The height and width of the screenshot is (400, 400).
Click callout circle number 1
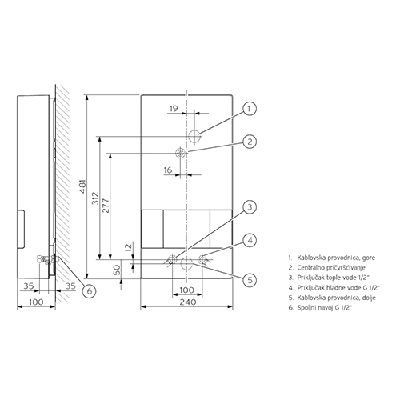point(250,109)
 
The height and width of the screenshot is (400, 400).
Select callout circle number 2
point(250,142)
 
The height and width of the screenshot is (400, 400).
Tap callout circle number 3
point(250,207)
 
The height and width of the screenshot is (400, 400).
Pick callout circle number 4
point(250,241)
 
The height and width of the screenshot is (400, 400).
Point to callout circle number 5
point(250,280)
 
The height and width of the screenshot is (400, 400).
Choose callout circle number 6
point(90,290)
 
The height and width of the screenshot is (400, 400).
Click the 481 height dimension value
point(83,186)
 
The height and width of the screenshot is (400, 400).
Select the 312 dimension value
point(96,198)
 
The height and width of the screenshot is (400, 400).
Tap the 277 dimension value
point(106,206)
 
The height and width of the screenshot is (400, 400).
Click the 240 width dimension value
point(188,302)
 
